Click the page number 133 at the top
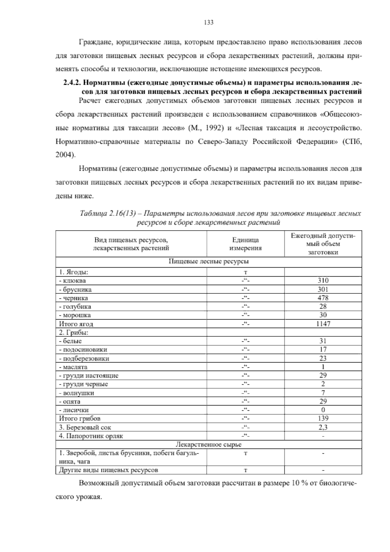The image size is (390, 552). point(208,22)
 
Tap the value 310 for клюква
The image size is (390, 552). point(323,281)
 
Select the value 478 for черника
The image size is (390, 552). point(323,298)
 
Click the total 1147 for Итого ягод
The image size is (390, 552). point(323,324)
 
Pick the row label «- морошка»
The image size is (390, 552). point(75,315)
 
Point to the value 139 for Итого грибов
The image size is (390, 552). point(323,418)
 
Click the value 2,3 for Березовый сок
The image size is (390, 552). point(323,427)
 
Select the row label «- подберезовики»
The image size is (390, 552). point(84,358)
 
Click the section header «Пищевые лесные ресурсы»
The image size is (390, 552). point(209,261)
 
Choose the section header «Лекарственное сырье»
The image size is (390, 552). point(209,444)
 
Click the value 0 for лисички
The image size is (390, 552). point(323,410)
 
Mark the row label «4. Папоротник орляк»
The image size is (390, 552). point(91,436)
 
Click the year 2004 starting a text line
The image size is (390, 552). point(65,155)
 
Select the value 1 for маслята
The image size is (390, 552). point(323,367)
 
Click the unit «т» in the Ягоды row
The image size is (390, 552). point(245,272)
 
